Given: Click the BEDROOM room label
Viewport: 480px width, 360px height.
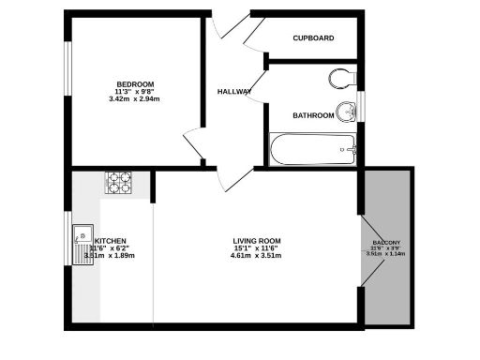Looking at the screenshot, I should click(136, 83).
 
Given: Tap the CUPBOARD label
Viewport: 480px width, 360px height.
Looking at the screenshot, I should click(313, 38).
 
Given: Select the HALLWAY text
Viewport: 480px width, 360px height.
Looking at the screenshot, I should click(234, 92).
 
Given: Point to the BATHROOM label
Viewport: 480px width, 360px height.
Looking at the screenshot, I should click(313, 115).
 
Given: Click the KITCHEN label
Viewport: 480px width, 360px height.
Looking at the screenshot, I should click(111, 240).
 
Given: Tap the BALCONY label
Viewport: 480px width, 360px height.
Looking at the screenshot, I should click(386, 243).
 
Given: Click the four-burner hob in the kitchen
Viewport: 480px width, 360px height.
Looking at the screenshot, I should click(119, 182).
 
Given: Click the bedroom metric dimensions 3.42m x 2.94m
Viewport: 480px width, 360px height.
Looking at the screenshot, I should click(136, 98).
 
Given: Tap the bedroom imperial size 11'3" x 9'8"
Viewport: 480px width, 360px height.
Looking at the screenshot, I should click(136, 91).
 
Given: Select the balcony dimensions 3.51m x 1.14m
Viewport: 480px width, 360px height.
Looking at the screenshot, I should click(386, 253).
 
